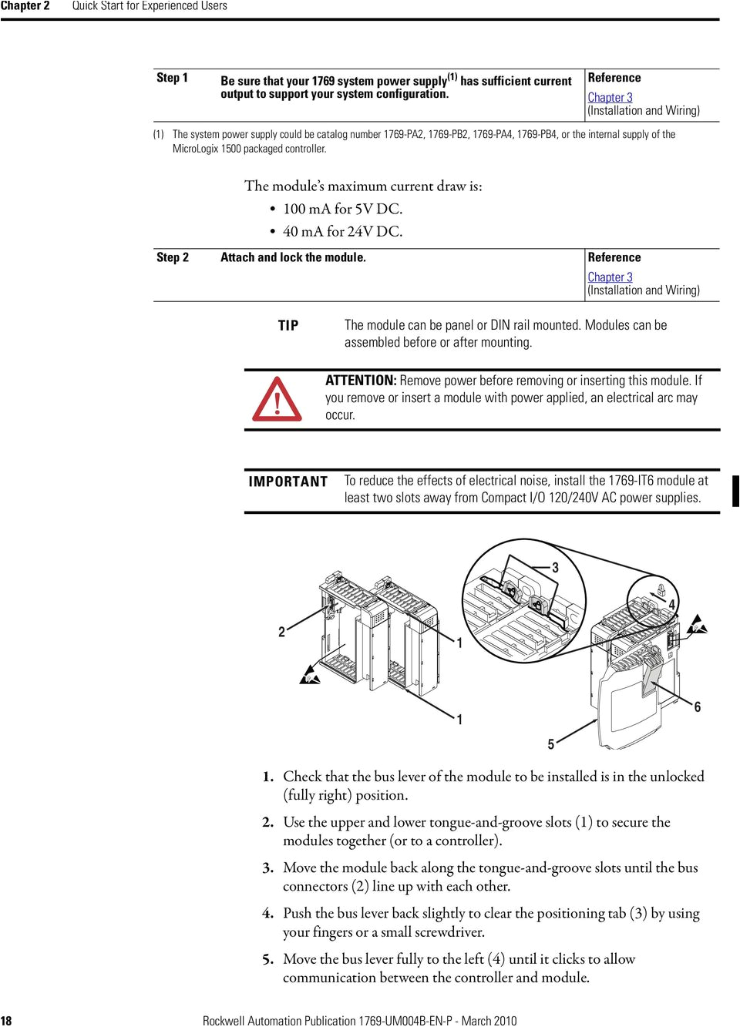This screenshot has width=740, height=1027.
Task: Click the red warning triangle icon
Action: pos(277,400)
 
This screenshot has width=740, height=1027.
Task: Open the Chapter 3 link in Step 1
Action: pos(610,98)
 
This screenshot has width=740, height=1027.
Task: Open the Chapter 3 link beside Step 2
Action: pos(610,277)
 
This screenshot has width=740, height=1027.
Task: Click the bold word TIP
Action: pos(288,326)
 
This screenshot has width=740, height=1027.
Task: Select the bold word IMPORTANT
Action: pos(288,482)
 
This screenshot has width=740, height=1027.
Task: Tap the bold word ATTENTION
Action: pos(360,381)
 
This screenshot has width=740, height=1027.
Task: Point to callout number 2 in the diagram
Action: pos(281,632)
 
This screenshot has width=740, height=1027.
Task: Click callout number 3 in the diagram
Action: pos(555,568)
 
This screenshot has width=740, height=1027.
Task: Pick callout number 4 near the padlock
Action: pos(671,605)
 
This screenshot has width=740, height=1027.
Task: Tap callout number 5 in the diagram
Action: pos(551,744)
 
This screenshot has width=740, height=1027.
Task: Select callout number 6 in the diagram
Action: pos(697,707)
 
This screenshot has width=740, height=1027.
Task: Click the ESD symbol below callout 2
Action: pos(310,675)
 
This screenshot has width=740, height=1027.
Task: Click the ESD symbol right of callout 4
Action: pos(697,625)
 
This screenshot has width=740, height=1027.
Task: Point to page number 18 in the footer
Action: pos(6,1021)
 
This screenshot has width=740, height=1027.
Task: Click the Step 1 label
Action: pos(172,78)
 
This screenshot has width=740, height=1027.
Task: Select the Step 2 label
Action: pos(172,257)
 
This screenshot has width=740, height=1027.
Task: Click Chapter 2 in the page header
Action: pos(25,6)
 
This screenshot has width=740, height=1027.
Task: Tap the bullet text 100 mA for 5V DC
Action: pos(342,209)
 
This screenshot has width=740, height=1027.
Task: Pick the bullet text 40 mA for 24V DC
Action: pos(342,231)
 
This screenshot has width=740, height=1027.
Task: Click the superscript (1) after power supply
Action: pos(452,76)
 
